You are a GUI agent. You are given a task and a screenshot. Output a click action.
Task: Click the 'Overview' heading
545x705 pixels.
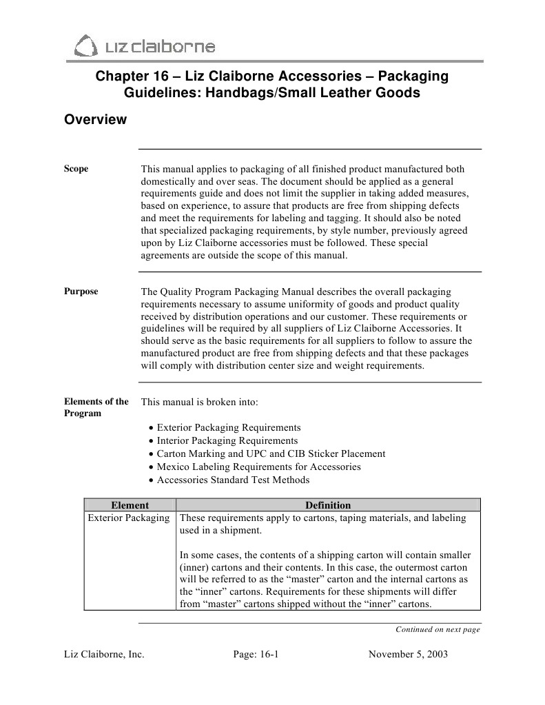point(95,120)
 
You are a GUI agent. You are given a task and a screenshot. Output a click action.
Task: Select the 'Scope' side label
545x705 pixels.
point(76,169)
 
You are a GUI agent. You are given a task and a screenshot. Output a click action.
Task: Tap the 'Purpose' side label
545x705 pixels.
point(81,292)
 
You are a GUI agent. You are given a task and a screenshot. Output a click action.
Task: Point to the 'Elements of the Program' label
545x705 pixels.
point(96,407)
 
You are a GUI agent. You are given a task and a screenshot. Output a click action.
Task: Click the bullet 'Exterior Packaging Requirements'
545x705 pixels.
point(228,428)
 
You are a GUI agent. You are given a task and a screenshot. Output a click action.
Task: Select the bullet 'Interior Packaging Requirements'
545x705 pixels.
point(227,441)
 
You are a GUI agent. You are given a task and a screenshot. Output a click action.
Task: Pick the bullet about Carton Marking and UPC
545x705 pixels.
point(270,454)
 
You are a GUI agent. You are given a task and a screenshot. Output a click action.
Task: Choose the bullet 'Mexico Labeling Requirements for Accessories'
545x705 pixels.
point(258,467)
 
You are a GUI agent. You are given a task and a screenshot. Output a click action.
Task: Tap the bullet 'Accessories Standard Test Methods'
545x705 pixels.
point(232,480)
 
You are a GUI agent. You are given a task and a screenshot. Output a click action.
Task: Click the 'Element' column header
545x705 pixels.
point(130,505)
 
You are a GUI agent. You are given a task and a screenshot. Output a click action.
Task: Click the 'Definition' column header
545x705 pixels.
point(328,505)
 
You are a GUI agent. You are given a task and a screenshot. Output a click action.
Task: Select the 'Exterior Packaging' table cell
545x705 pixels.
point(129,518)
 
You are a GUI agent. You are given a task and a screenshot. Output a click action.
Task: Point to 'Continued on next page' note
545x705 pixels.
point(438,629)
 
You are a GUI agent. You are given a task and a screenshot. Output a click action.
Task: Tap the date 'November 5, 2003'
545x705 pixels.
point(408,655)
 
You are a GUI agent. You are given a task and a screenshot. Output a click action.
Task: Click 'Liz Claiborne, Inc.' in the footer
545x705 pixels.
point(104,655)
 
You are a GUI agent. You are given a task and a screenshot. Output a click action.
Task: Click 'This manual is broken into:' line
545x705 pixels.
point(199,402)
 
